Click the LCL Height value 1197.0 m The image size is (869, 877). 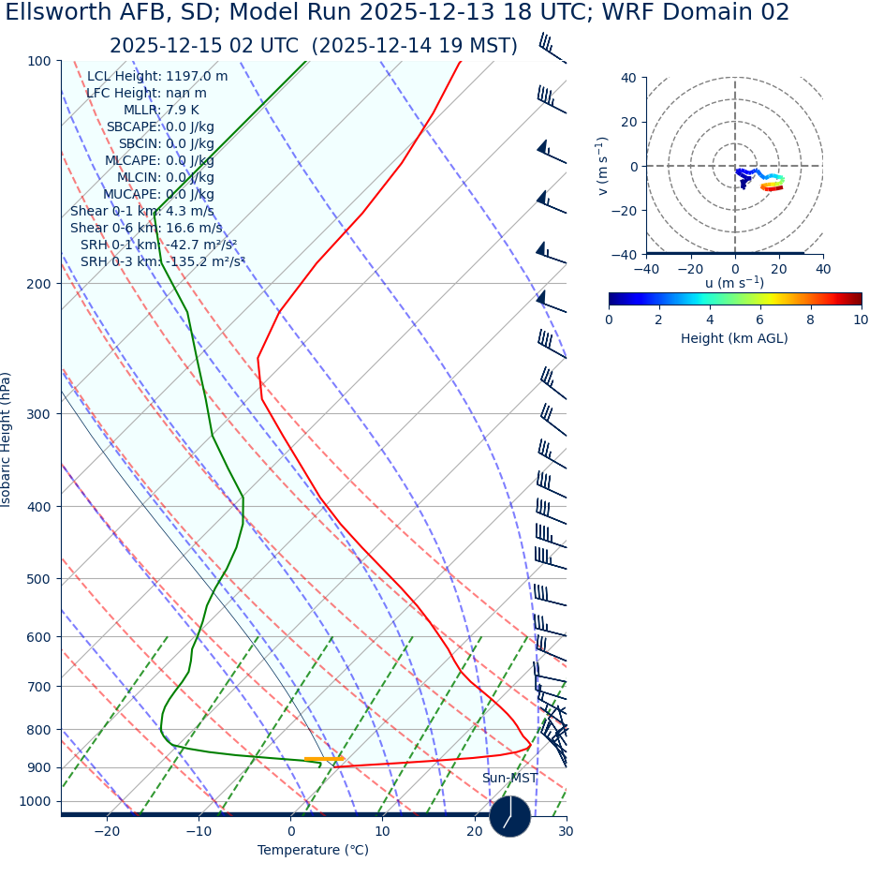[x=197, y=77]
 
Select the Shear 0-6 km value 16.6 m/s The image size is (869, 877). [x=194, y=229]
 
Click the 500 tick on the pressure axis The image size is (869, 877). [x=38, y=579]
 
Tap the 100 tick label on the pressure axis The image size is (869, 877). [x=38, y=61]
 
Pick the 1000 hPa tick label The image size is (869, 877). [x=35, y=801]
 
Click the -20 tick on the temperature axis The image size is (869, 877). [x=107, y=831]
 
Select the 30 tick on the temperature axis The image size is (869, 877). [x=566, y=831]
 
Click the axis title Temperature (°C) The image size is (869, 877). [x=313, y=851]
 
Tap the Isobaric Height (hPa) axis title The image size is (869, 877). [x=7, y=439]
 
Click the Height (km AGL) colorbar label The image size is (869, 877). [x=734, y=338]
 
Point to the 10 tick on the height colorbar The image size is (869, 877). [x=861, y=320]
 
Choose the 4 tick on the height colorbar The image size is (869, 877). [x=710, y=320]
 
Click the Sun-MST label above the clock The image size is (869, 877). [x=509, y=779]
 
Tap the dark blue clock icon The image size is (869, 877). [x=509, y=816]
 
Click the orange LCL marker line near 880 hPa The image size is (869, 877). [x=324, y=759]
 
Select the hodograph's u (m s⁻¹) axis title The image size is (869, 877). [x=734, y=283]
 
